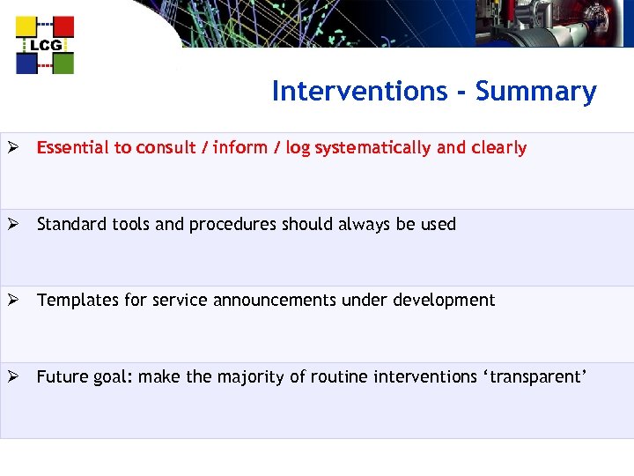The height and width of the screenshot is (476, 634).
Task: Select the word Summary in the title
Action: point(535,92)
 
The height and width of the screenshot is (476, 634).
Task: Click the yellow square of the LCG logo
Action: point(26,27)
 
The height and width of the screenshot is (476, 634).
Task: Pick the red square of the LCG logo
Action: point(63,27)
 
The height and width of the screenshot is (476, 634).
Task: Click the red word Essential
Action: point(73,148)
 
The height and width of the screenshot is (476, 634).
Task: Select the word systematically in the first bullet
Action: point(373,148)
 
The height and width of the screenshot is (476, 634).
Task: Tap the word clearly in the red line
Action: point(498,148)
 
